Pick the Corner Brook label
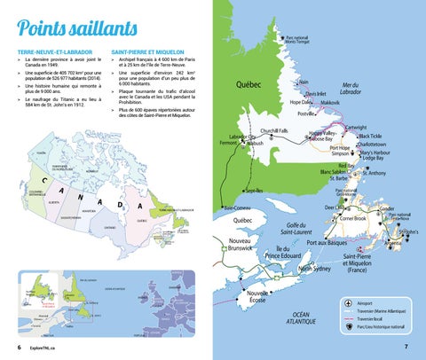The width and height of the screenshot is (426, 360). tap(353, 218)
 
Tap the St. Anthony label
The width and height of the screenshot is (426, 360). tap(371, 173)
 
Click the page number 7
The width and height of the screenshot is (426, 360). tap(406, 346)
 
